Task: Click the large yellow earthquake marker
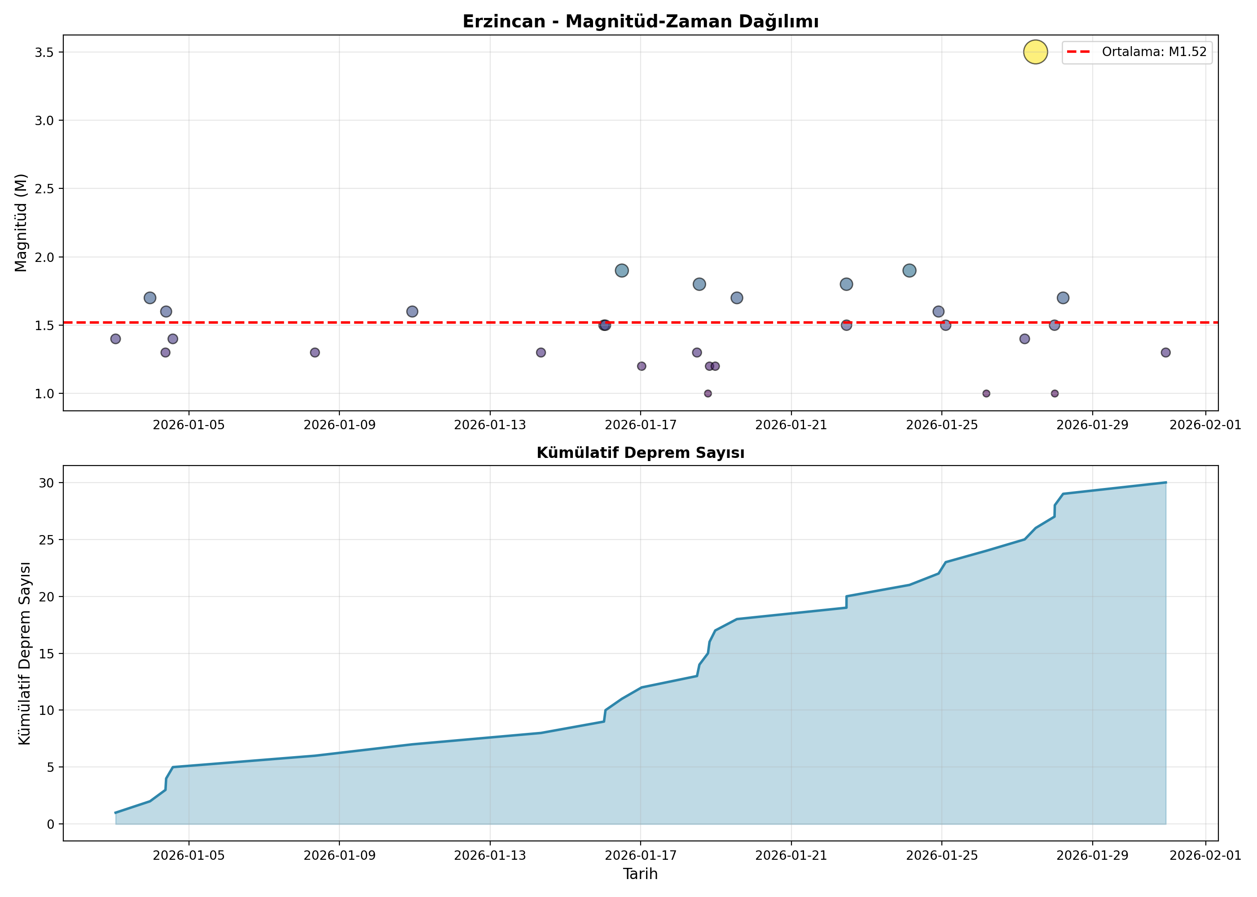point(1035,52)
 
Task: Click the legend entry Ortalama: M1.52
point(1138,52)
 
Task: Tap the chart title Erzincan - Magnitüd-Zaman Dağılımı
point(641,22)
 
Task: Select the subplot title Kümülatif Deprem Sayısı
point(641,453)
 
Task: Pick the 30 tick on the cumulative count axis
point(47,483)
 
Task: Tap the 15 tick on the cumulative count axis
point(47,653)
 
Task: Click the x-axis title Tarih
point(640,874)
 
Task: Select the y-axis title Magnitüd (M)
point(21,222)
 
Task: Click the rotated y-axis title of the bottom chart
point(24,653)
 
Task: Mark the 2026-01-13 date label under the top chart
point(490,425)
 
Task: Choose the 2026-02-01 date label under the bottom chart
point(1205,856)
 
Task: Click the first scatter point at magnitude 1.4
point(115,339)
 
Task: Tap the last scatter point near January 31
point(1166,353)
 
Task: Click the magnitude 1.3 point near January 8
point(315,353)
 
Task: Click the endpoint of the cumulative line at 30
point(1166,483)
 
